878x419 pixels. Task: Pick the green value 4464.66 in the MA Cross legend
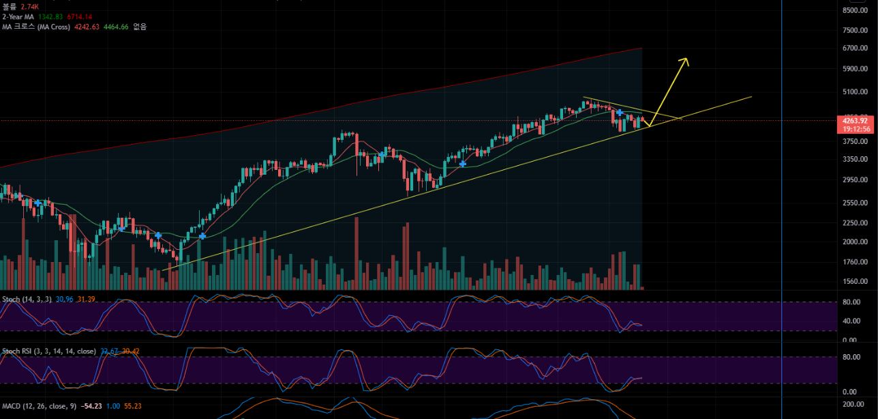click(115, 27)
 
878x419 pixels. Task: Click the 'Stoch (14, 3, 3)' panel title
click(27, 300)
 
